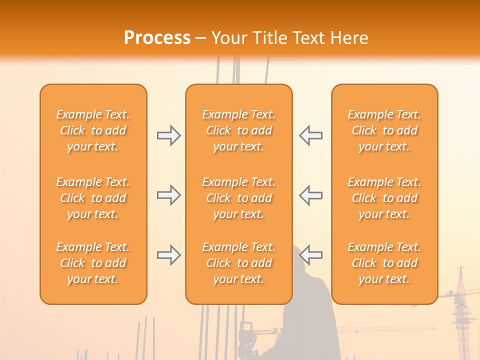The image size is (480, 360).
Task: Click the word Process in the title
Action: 157,37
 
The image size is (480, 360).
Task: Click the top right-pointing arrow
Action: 168,135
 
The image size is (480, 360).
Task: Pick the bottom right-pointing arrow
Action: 168,255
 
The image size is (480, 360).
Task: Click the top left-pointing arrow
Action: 310,135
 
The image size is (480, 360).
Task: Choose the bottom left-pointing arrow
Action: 310,255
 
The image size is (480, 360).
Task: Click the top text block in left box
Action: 93,130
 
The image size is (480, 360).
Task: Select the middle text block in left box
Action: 93,198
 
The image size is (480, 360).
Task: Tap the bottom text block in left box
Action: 93,263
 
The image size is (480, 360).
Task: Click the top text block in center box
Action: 238,130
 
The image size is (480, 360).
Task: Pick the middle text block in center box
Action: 238,198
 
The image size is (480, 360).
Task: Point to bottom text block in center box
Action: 238,263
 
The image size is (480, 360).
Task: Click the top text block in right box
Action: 384,130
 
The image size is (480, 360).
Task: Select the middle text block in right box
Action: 384,198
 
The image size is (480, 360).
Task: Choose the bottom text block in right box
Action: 384,263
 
